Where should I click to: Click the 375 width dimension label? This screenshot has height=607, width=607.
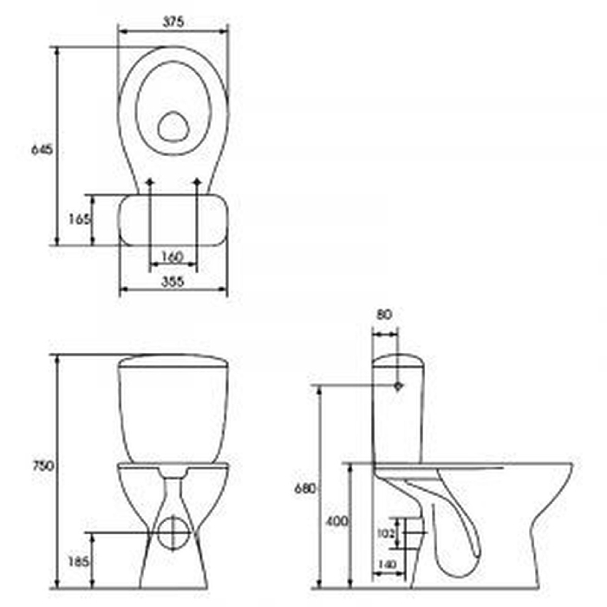tap(173, 22)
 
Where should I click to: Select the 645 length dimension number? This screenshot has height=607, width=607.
tap(42, 149)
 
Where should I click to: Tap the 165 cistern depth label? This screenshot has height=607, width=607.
tap(80, 219)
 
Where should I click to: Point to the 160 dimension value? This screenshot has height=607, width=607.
tap(172, 257)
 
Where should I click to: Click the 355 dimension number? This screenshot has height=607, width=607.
tap(173, 282)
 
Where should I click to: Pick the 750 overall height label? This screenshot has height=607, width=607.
tap(43, 467)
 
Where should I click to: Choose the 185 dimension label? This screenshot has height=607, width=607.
tap(79, 561)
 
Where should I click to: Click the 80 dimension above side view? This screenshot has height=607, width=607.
tap(384, 314)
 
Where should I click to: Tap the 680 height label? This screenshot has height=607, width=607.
tap(305, 489)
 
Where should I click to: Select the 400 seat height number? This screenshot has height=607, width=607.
tap(336, 521)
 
